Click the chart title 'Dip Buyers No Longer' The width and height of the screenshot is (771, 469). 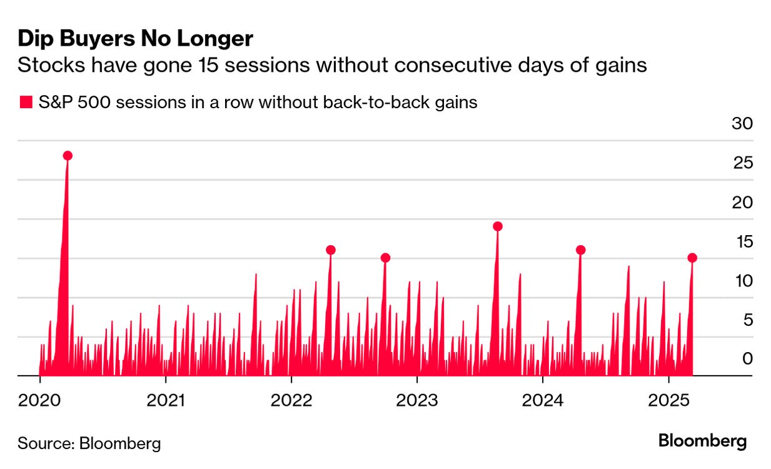click(x=135, y=39)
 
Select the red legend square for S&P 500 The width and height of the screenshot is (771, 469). click(x=26, y=103)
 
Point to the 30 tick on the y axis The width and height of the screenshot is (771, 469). click(x=742, y=123)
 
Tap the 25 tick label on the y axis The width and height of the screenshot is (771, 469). click(x=742, y=163)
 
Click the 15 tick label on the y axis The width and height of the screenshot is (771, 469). click(x=742, y=241)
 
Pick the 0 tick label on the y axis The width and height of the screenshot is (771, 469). click(x=747, y=359)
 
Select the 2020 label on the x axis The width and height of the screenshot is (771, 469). click(x=39, y=400)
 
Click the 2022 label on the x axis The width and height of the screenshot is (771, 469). click(x=291, y=400)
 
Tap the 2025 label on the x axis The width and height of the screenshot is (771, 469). click(x=668, y=400)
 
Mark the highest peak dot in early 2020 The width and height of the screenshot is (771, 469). click(x=68, y=156)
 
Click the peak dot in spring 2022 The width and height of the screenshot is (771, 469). click(x=331, y=250)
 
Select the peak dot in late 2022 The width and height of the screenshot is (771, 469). click(x=385, y=258)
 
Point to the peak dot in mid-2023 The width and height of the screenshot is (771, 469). click(x=498, y=226)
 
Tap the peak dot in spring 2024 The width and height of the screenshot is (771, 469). click(x=580, y=250)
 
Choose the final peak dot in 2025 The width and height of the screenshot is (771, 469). click(x=692, y=258)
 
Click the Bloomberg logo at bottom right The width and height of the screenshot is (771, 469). click(x=702, y=441)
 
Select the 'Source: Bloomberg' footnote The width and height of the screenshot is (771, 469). click(x=89, y=443)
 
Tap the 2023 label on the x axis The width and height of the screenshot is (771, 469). click(x=416, y=400)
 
